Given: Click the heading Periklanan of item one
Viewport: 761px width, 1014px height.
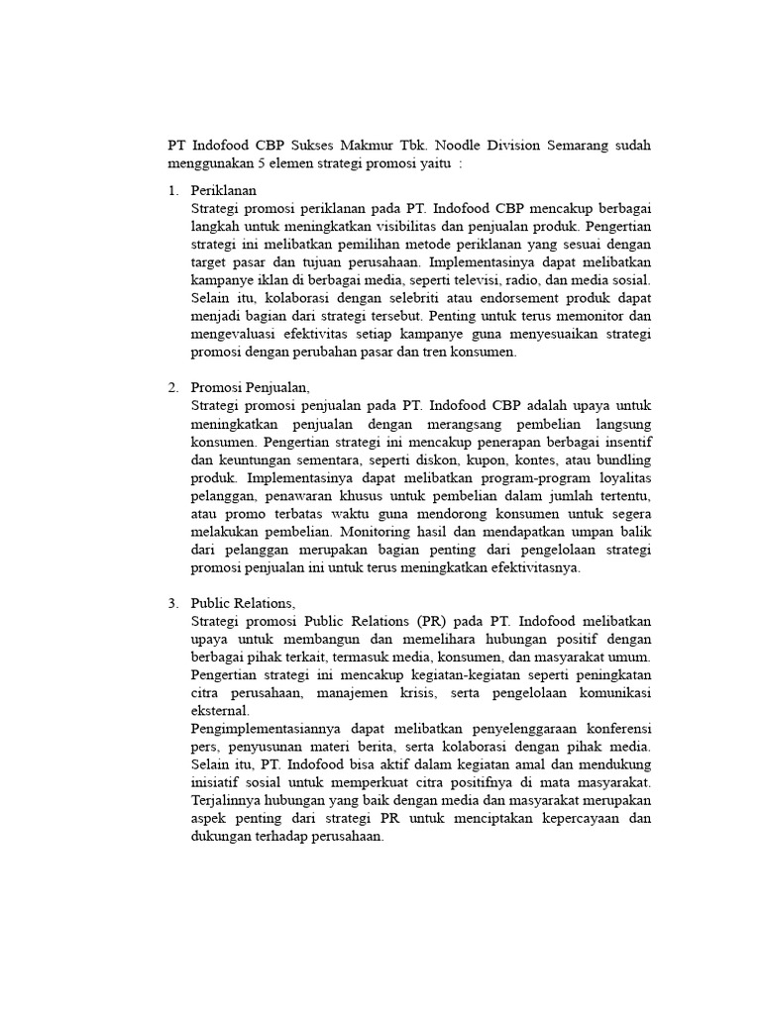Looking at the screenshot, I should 224,190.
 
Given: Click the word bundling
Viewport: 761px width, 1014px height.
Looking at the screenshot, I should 621,459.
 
